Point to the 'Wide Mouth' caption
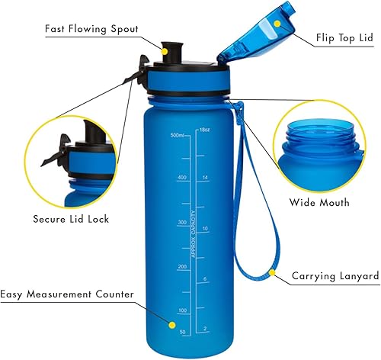(x=319, y=203)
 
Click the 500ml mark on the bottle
(x=178, y=135)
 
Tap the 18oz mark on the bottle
(x=204, y=130)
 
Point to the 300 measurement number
(x=181, y=223)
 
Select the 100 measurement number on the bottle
(x=181, y=310)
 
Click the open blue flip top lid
(x=248, y=34)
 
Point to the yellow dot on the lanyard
(x=271, y=270)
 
